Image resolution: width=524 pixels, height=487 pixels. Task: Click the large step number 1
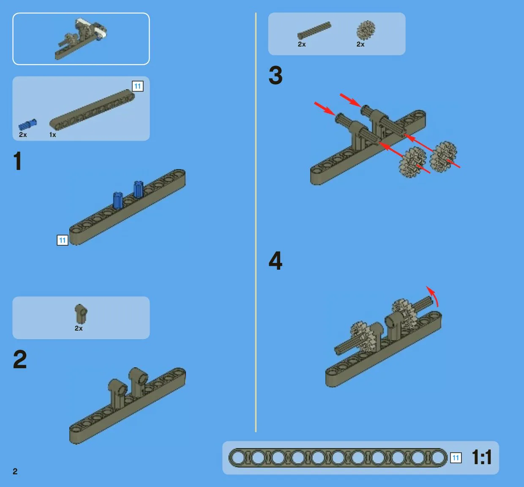[x=17, y=161]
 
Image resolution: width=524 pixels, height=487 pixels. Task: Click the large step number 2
[x=20, y=359]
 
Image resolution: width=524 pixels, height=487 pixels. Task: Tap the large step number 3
[x=276, y=76]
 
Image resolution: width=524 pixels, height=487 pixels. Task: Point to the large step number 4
[x=276, y=261]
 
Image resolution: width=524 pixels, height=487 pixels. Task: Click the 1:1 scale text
[x=482, y=457]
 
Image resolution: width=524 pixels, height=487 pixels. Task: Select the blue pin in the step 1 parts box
[x=27, y=124]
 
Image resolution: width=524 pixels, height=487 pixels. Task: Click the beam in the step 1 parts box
[x=92, y=110]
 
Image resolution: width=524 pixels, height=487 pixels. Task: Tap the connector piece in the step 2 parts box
[x=81, y=314]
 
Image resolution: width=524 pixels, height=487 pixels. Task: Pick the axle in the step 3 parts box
[x=314, y=30]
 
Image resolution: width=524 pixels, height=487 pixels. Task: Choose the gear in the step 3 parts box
[x=366, y=30]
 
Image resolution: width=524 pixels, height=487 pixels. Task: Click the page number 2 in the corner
[x=15, y=471]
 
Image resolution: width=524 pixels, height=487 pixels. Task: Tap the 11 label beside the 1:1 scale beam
[x=456, y=458]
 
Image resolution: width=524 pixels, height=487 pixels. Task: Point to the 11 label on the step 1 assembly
[x=63, y=240]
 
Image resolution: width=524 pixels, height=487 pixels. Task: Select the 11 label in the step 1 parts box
[x=137, y=86]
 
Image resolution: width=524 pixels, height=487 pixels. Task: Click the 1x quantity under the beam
[x=52, y=135]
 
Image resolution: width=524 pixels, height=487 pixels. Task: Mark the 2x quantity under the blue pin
[x=23, y=134]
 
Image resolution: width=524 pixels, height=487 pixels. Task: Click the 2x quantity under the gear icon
[x=360, y=44]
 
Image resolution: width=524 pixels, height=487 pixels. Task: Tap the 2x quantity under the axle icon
[x=302, y=44]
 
